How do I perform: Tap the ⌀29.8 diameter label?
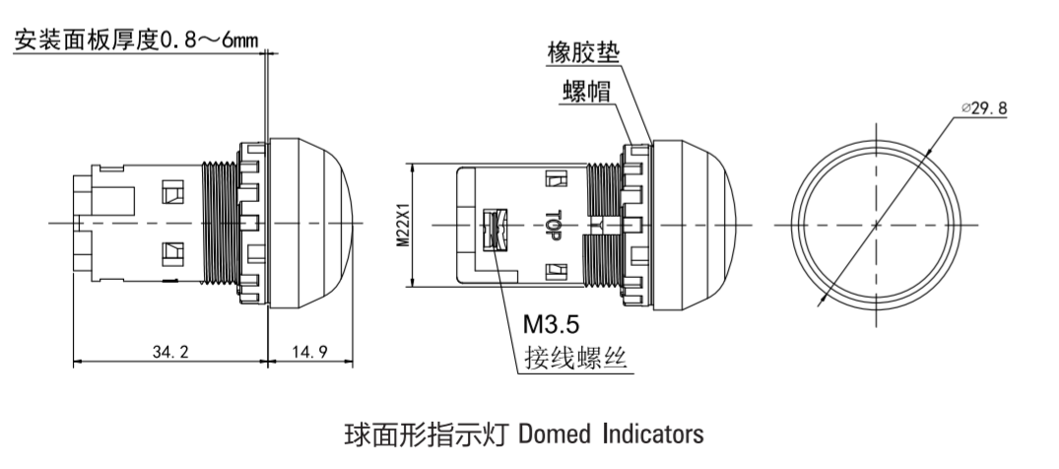point(984,109)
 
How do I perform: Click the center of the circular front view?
point(876,225)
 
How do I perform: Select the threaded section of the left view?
point(219,223)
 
